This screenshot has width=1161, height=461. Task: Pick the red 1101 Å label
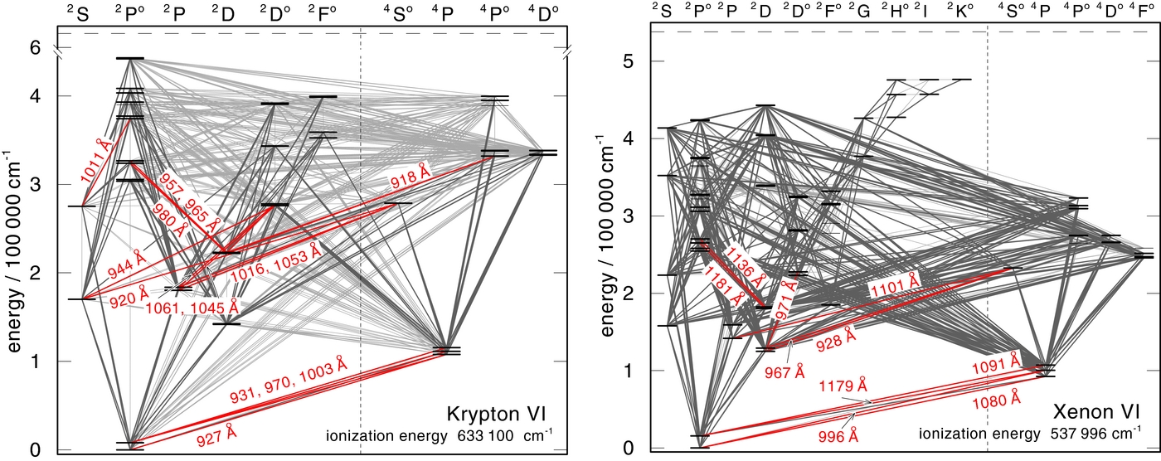pyautogui.click(x=894, y=287)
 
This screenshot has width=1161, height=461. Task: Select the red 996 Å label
pyautogui.click(x=835, y=434)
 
